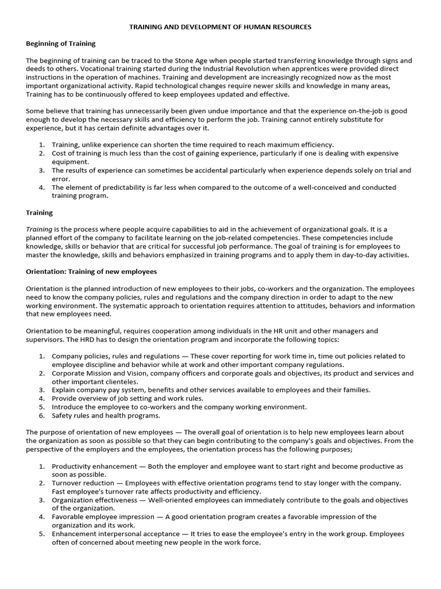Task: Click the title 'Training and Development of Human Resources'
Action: [x=220, y=27]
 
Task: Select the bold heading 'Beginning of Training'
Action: [x=61, y=44]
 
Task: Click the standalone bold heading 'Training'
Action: [x=39, y=212]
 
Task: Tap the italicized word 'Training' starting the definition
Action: [x=39, y=229]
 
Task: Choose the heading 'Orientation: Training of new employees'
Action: [x=91, y=271]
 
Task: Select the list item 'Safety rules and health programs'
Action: [x=106, y=415]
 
